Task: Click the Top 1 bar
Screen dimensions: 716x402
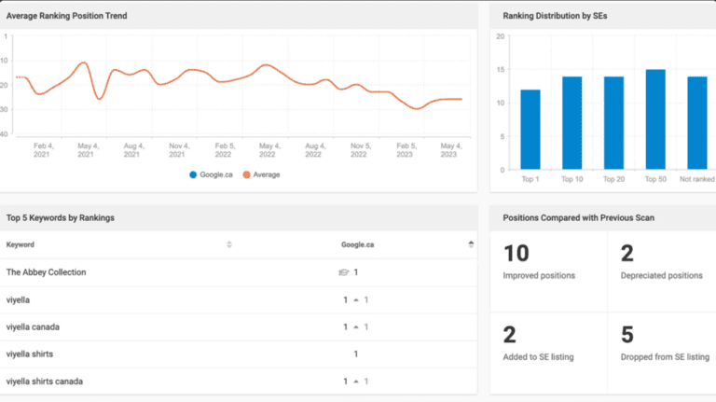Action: [x=530, y=130]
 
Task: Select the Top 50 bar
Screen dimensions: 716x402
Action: [x=655, y=119]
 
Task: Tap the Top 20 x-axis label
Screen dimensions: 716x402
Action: [x=613, y=179]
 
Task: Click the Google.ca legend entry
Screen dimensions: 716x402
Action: [x=211, y=174]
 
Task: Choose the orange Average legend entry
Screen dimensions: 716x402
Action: [x=261, y=174]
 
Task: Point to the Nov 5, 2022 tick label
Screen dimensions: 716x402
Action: [x=361, y=150]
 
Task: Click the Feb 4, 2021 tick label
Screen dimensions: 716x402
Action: [x=44, y=150]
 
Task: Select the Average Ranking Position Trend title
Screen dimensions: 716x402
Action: [x=67, y=16]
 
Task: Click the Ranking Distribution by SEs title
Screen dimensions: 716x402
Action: [x=555, y=16]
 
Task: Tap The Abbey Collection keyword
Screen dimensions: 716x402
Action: [x=46, y=272]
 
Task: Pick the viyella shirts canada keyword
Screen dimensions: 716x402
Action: [x=45, y=381]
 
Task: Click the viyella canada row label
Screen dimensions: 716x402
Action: [x=33, y=327]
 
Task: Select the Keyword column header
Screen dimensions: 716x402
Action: [x=21, y=245]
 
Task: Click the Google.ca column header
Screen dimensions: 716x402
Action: [x=358, y=245]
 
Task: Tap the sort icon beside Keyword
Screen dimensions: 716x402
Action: [x=229, y=244]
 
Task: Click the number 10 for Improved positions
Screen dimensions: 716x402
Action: [x=516, y=254]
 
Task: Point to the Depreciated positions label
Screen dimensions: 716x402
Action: [x=662, y=275]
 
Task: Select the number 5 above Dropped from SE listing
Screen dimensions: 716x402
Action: [x=627, y=335]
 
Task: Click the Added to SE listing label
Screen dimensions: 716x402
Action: [x=538, y=357]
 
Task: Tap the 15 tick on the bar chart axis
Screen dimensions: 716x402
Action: [x=501, y=69]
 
